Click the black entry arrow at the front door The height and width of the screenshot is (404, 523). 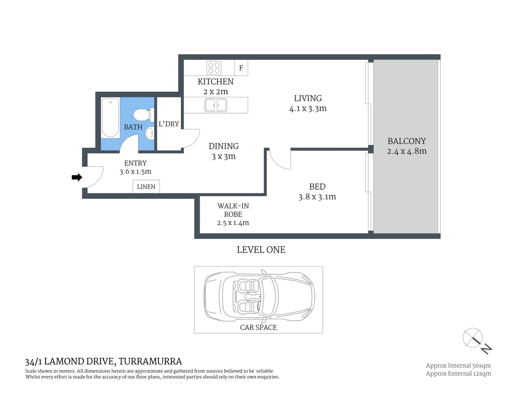pos(77,177)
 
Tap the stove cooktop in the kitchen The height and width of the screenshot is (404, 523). pos(214,68)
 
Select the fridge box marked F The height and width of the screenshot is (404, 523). pos(241,68)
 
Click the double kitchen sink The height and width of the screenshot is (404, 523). pos(216,105)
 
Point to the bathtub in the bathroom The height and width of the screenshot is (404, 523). pos(110,118)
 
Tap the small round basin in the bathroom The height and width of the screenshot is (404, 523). pos(149,133)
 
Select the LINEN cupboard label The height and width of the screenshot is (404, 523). pos(146,187)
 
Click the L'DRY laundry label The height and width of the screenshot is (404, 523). pos(169,124)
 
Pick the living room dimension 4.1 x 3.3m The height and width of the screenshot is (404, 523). pos(308,108)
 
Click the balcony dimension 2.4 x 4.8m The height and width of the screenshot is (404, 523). pos(407,151)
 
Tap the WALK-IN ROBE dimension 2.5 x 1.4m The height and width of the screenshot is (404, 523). pos(233,223)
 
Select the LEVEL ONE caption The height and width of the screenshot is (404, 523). pos(261,250)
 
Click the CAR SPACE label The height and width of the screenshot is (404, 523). pos(259,327)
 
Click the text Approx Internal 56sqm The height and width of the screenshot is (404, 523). pos(458,365)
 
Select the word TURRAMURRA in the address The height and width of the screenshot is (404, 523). pos(150,361)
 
